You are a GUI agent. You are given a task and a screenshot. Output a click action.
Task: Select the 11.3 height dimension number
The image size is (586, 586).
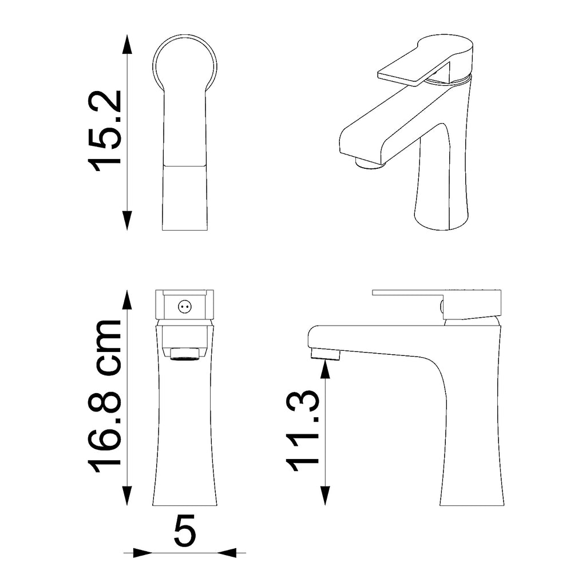click(x=303, y=431)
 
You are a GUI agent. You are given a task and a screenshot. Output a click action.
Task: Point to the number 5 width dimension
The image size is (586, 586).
click(x=185, y=530)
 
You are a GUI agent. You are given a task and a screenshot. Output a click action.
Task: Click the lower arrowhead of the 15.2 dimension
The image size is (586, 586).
click(x=128, y=220)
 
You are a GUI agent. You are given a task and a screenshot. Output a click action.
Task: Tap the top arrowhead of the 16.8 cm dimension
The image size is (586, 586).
click(x=128, y=300)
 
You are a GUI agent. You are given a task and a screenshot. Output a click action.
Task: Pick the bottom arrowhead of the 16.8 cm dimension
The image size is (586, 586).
click(x=128, y=496)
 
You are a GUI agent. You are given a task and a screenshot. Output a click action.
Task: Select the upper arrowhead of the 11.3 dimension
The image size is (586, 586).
click(x=325, y=370)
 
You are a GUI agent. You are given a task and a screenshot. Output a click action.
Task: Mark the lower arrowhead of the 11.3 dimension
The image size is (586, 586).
click(x=325, y=496)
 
